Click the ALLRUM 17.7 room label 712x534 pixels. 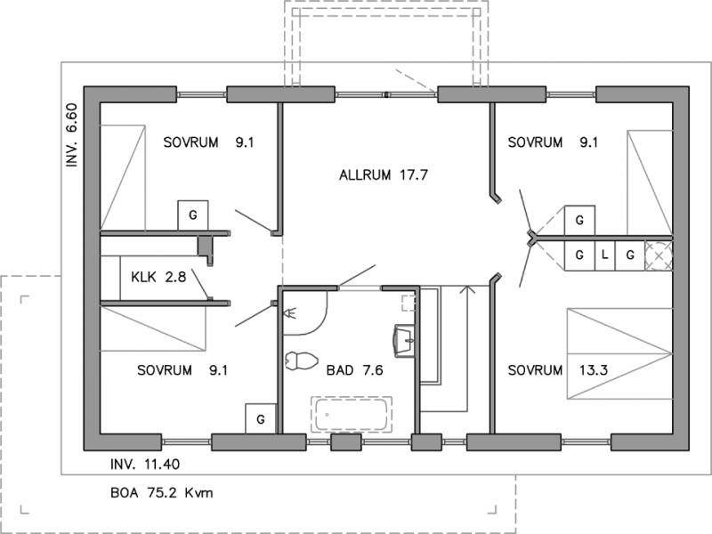[384, 174]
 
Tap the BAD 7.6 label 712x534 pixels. [354, 370]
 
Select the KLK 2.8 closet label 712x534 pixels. [158, 277]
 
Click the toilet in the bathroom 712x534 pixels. [301, 360]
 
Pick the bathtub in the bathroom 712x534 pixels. [352, 414]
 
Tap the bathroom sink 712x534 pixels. [404, 341]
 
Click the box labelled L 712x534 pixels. [604, 255]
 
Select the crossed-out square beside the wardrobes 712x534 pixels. [659, 255]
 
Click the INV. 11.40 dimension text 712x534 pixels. [145, 464]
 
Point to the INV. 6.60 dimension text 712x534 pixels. [72, 135]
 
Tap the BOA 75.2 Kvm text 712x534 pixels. [162, 493]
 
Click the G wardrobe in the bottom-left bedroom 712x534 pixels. [261, 418]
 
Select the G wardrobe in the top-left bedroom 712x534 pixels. [193, 215]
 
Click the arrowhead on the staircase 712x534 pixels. [467, 289]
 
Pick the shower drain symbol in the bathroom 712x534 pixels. [289, 312]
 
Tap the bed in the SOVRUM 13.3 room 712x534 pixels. [619, 353]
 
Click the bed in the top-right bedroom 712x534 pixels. [650, 182]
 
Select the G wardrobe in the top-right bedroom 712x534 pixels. [579, 220]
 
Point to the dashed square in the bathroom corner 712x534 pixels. [409, 303]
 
